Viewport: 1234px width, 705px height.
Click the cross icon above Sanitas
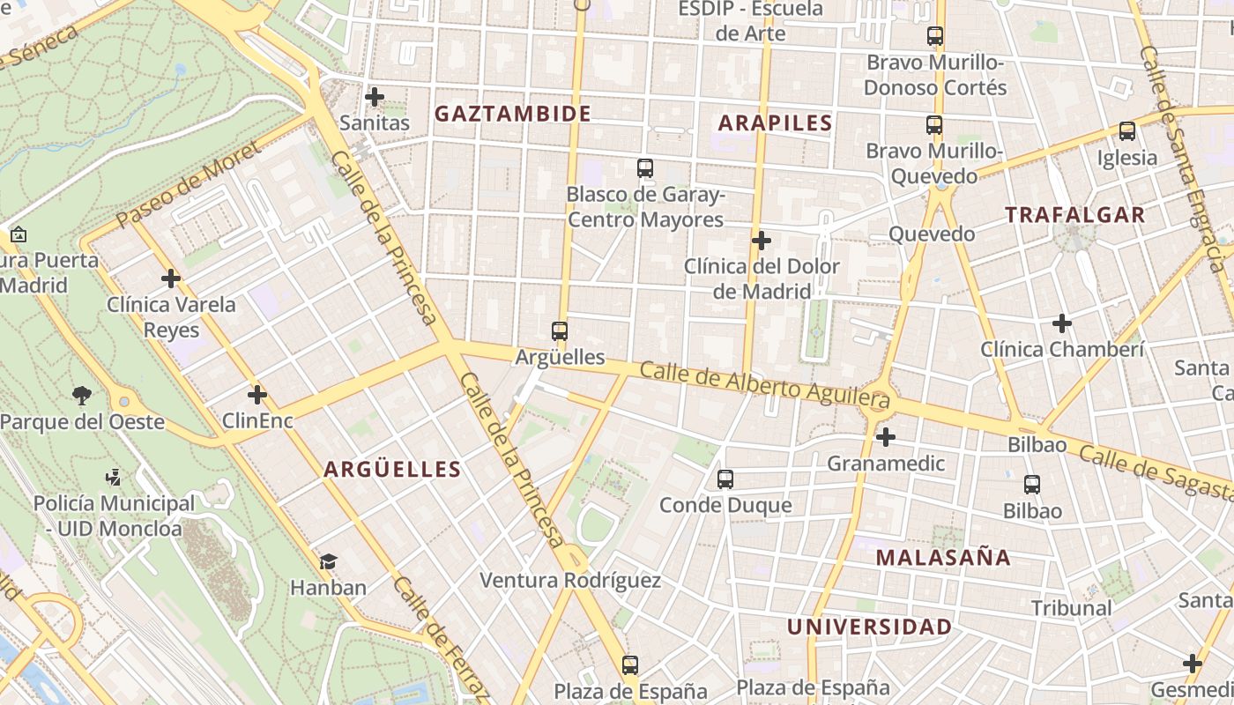tap(375, 96)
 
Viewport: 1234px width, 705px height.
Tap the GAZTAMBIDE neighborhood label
tap(512, 114)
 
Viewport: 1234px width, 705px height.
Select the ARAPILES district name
tap(775, 122)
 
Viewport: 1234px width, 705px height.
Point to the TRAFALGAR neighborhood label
tap(1074, 214)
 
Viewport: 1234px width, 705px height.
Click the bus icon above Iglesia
tap(1126, 131)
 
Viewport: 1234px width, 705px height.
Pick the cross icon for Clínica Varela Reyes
tap(171, 278)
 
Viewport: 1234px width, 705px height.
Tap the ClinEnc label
tap(257, 420)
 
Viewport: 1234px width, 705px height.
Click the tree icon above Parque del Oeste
tap(82, 395)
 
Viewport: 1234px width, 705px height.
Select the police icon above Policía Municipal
tap(112, 478)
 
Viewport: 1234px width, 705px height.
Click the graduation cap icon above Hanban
tap(328, 561)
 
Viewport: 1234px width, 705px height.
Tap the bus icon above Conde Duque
tap(725, 479)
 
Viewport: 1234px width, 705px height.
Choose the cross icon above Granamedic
tap(886, 436)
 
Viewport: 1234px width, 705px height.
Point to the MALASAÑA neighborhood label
tap(943, 557)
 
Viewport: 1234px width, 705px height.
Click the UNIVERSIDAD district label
tap(869, 627)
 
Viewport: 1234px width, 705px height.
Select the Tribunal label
tap(1071, 608)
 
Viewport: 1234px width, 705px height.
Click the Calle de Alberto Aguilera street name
tap(765, 387)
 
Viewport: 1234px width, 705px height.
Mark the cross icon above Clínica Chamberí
tap(1062, 323)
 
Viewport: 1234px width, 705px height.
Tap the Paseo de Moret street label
tap(189, 182)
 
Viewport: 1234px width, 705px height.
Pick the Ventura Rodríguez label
tap(570, 580)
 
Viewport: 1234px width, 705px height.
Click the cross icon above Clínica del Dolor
tap(762, 240)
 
